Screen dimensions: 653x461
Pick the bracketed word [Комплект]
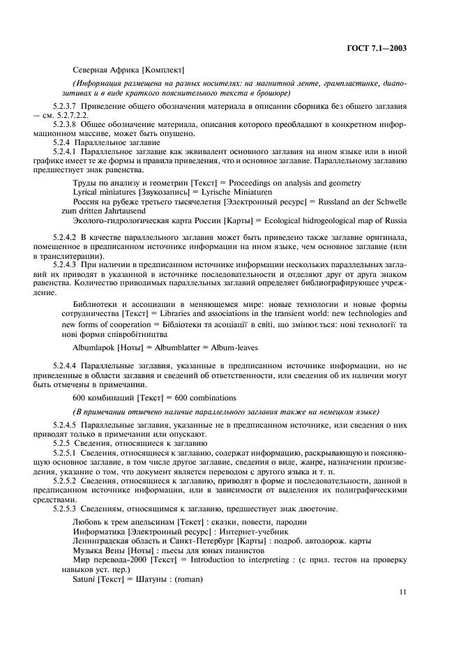(162, 70)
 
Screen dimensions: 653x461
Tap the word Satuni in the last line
(84, 578)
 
